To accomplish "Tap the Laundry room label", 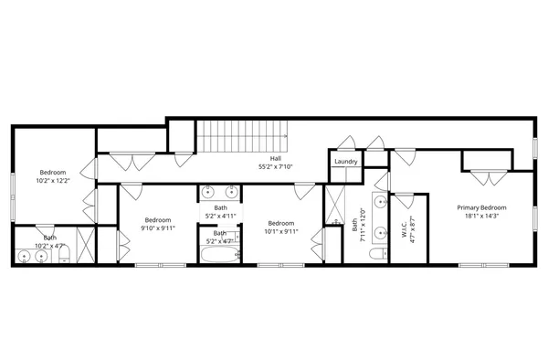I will pos(345,162).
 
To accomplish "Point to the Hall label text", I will pos(275,158).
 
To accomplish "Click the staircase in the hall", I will pos(243,138).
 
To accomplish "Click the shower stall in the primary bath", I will pos(334,201).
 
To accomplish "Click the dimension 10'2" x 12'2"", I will pos(53,181).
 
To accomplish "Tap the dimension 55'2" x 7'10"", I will pos(275,167).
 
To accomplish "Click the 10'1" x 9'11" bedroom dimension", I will pos(280,232).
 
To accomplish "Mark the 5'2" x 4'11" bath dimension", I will pos(220,217).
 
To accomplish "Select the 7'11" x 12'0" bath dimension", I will pos(364,222).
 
